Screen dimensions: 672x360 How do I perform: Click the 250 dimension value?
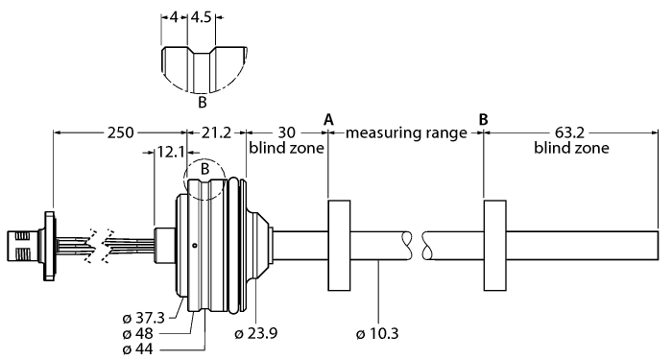[x=120, y=132]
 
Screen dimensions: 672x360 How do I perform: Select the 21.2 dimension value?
[x=216, y=132]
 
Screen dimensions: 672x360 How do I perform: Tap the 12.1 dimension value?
[x=171, y=152]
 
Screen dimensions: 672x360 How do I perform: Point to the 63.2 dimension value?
[x=569, y=132]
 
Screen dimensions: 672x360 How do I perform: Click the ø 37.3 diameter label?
[x=144, y=318]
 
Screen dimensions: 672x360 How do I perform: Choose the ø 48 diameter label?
[x=137, y=333]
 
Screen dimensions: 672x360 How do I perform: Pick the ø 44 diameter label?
[x=137, y=348]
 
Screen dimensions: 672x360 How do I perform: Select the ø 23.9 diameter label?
[x=256, y=333]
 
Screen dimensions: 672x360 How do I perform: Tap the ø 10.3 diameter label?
[x=377, y=333]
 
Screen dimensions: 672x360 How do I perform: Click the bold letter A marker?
[x=328, y=119]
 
